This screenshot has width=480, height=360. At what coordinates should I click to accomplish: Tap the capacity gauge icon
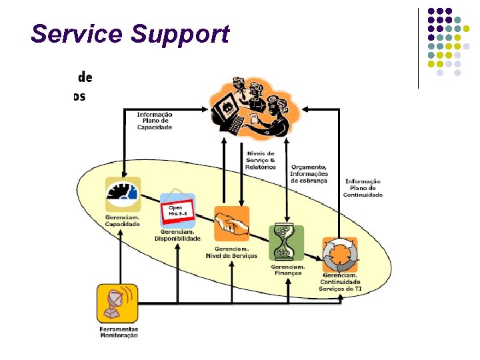pos(122,194)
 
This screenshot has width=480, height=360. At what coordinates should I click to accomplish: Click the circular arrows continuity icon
pos(340,254)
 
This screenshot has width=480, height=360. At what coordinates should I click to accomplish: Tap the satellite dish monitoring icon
pos(117,303)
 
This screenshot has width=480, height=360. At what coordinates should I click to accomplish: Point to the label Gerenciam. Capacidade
pos(122,221)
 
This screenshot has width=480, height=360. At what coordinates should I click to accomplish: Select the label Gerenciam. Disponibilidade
pos(177,235)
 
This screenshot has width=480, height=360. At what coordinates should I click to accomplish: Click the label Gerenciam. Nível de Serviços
pos(231,252)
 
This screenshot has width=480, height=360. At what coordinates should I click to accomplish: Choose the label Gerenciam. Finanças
pos(286,269)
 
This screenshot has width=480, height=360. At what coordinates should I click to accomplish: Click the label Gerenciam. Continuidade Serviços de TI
pos(340,282)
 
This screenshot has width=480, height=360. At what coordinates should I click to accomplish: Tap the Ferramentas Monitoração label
pos(119,332)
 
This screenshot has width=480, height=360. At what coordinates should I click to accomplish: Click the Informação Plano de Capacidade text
pos(155,121)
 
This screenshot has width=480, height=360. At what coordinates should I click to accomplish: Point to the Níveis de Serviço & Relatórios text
pos(260,160)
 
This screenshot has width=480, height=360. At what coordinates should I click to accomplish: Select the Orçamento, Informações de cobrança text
pos(309,173)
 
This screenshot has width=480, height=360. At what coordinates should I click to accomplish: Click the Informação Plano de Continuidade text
pos(363,188)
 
